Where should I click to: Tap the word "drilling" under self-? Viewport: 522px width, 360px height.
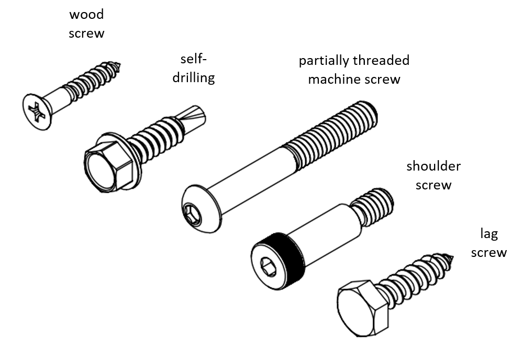tap(194, 77)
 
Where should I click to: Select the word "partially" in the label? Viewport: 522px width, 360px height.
tap(324, 61)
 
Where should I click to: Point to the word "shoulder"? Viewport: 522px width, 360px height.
tap(434, 166)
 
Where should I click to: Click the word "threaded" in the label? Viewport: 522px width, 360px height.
tap(381, 61)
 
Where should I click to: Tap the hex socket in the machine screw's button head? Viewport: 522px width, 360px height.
tap(192, 213)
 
